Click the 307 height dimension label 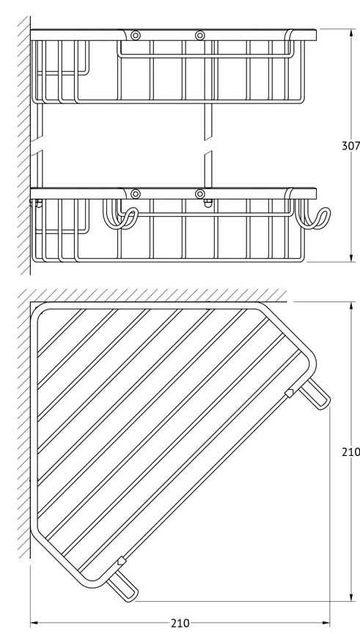point(350,145)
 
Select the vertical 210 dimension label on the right point(350,451)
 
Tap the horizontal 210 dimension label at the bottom point(180,624)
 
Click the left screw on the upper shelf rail point(136,35)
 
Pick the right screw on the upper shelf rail point(200,35)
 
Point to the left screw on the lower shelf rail point(136,194)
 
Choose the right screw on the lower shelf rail point(200,194)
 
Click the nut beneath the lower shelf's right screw point(208,203)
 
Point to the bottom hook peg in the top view point(122,586)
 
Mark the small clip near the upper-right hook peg point(290,393)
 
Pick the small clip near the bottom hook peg point(122,561)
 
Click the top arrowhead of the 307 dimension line point(351,34)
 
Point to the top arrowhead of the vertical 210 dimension point(351,307)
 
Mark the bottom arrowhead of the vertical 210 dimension point(351,596)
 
